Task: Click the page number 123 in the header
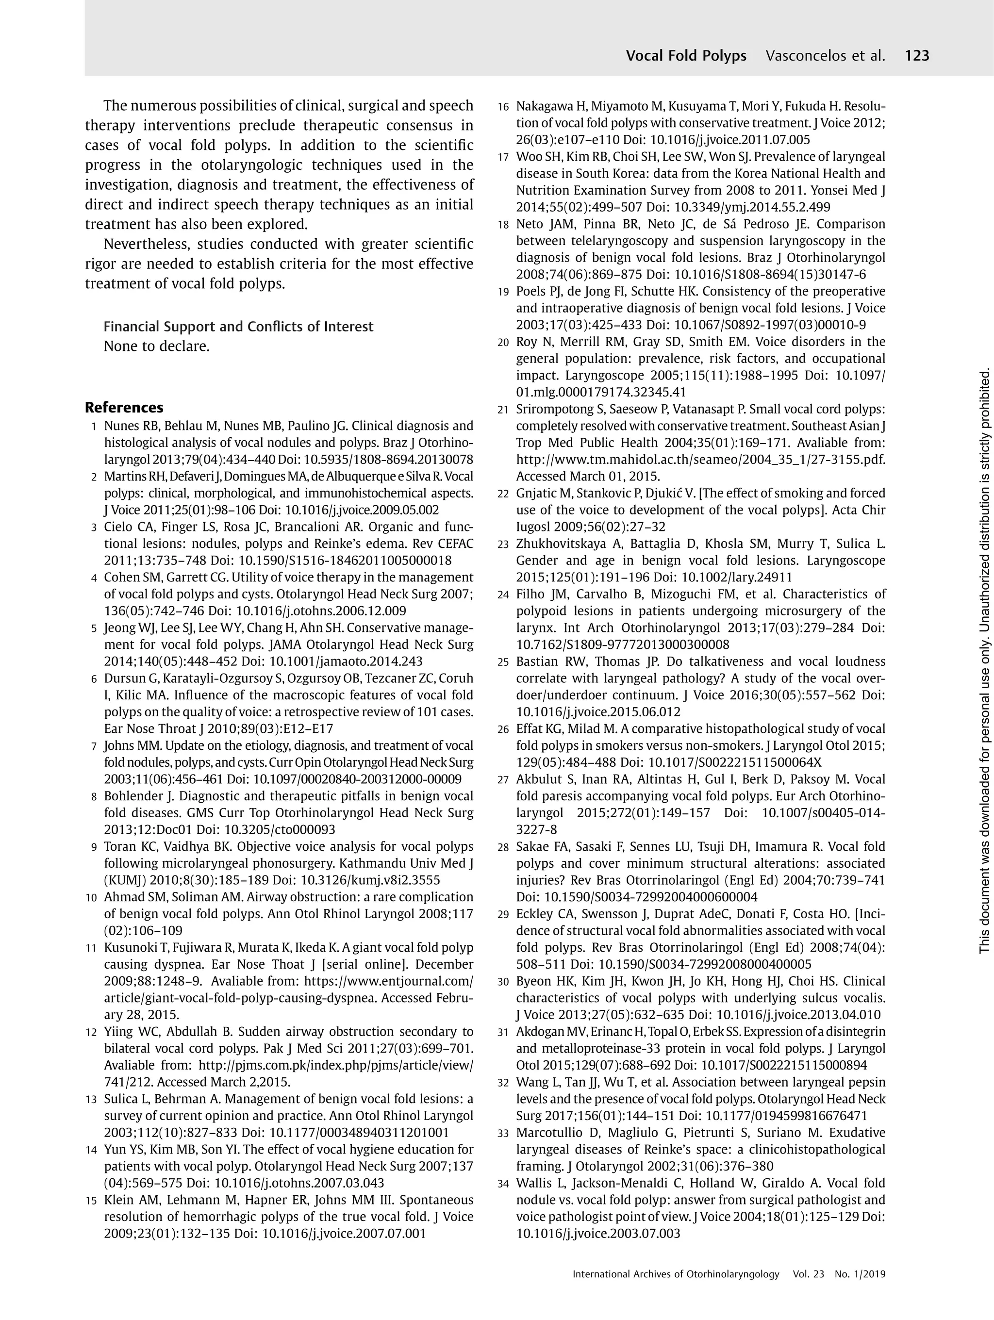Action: coord(917,56)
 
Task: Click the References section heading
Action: coord(124,408)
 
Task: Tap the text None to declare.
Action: coord(156,346)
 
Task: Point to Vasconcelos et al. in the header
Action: coord(825,56)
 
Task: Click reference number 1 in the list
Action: coord(94,427)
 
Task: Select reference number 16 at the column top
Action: coord(503,107)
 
